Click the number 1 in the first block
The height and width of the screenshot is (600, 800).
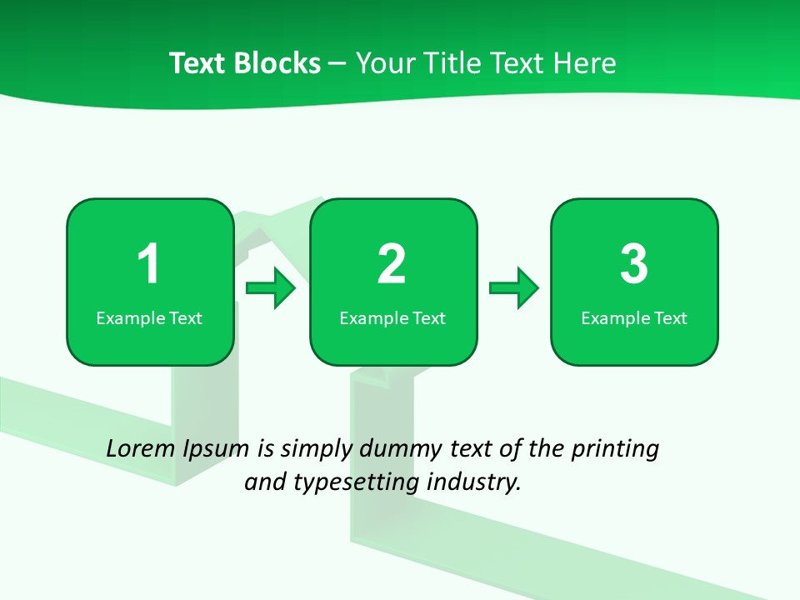click(148, 264)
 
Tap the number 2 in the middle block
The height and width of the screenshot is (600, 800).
click(392, 264)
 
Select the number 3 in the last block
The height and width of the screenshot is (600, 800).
click(634, 264)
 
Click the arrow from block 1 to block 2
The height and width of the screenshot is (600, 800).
click(271, 288)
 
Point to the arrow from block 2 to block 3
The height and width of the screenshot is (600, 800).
click(514, 288)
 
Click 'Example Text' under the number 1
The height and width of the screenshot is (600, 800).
click(149, 318)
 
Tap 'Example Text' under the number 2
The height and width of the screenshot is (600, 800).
click(392, 318)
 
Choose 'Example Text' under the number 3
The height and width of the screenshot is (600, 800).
click(634, 318)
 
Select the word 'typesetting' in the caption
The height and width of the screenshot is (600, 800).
click(353, 482)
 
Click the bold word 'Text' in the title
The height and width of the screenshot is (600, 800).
click(200, 63)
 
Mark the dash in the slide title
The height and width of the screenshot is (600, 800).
click(337, 64)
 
